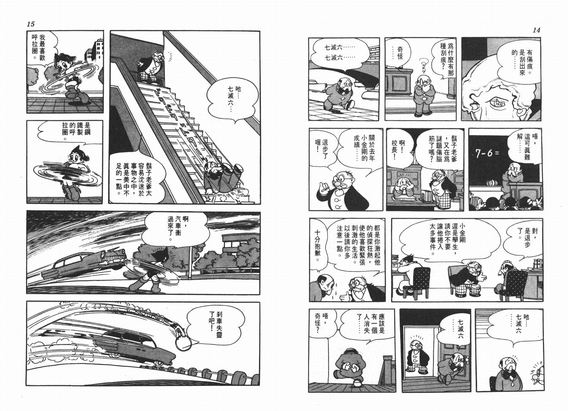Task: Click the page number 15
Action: click(x=30, y=24)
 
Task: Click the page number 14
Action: click(x=536, y=30)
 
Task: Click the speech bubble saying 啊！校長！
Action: click(x=398, y=150)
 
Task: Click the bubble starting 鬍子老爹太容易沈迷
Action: click(x=135, y=177)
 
